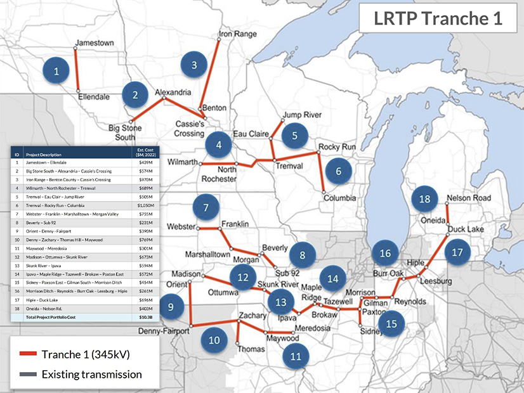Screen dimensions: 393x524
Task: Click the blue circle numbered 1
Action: (56, 71)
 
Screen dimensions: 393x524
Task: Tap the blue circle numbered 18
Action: (424, 199)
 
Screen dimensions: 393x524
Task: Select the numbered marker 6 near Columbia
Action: (338, 171)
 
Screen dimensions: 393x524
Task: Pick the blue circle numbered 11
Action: (296, 356)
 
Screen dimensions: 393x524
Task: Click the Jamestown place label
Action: (94, 43)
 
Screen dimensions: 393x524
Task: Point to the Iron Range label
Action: (237, 33)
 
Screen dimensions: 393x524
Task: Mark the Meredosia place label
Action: (313, 328)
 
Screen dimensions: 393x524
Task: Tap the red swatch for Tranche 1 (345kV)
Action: (28, 354)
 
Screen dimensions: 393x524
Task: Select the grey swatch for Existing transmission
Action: (28, 374)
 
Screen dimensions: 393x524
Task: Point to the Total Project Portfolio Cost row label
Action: (55, 316)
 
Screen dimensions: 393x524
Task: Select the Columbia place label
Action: (339, 198)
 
